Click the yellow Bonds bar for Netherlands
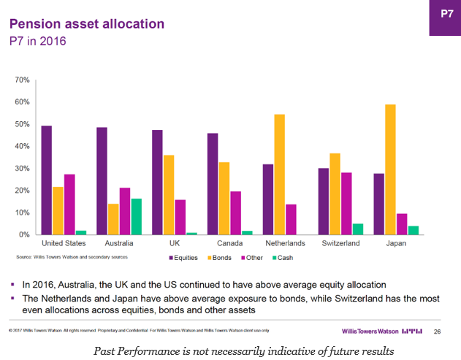(280, 175)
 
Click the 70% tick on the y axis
(22, 80)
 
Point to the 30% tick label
(22, 169)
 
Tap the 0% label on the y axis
(24, 235)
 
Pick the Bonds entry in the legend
(220, 258)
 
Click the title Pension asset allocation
(86, 24)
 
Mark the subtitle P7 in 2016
(37, 41)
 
